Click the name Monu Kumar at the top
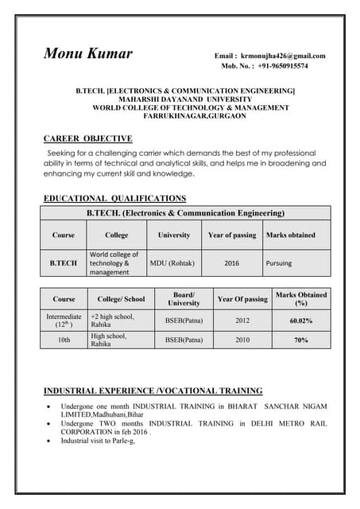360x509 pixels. point(87,55)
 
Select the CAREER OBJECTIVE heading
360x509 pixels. point(87,138)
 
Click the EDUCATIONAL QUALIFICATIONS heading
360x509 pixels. point(114,198)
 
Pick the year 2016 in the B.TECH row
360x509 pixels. point(231,262)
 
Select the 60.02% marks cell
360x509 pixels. point(300,321)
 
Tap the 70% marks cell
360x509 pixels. point(300,340)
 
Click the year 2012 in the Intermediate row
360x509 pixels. point(242,321)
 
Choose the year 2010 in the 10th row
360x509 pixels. point(242,340)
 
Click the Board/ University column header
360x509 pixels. point(184,298)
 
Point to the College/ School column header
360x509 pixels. point(121,299)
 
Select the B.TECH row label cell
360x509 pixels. point(64,262)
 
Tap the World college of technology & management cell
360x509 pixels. point(114,263)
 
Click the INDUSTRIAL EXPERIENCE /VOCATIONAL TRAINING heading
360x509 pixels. point(153,390)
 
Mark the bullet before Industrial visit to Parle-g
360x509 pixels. point(50,440)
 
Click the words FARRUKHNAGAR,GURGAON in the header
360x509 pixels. point(195,116)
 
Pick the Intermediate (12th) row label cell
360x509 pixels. point(64,321)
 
